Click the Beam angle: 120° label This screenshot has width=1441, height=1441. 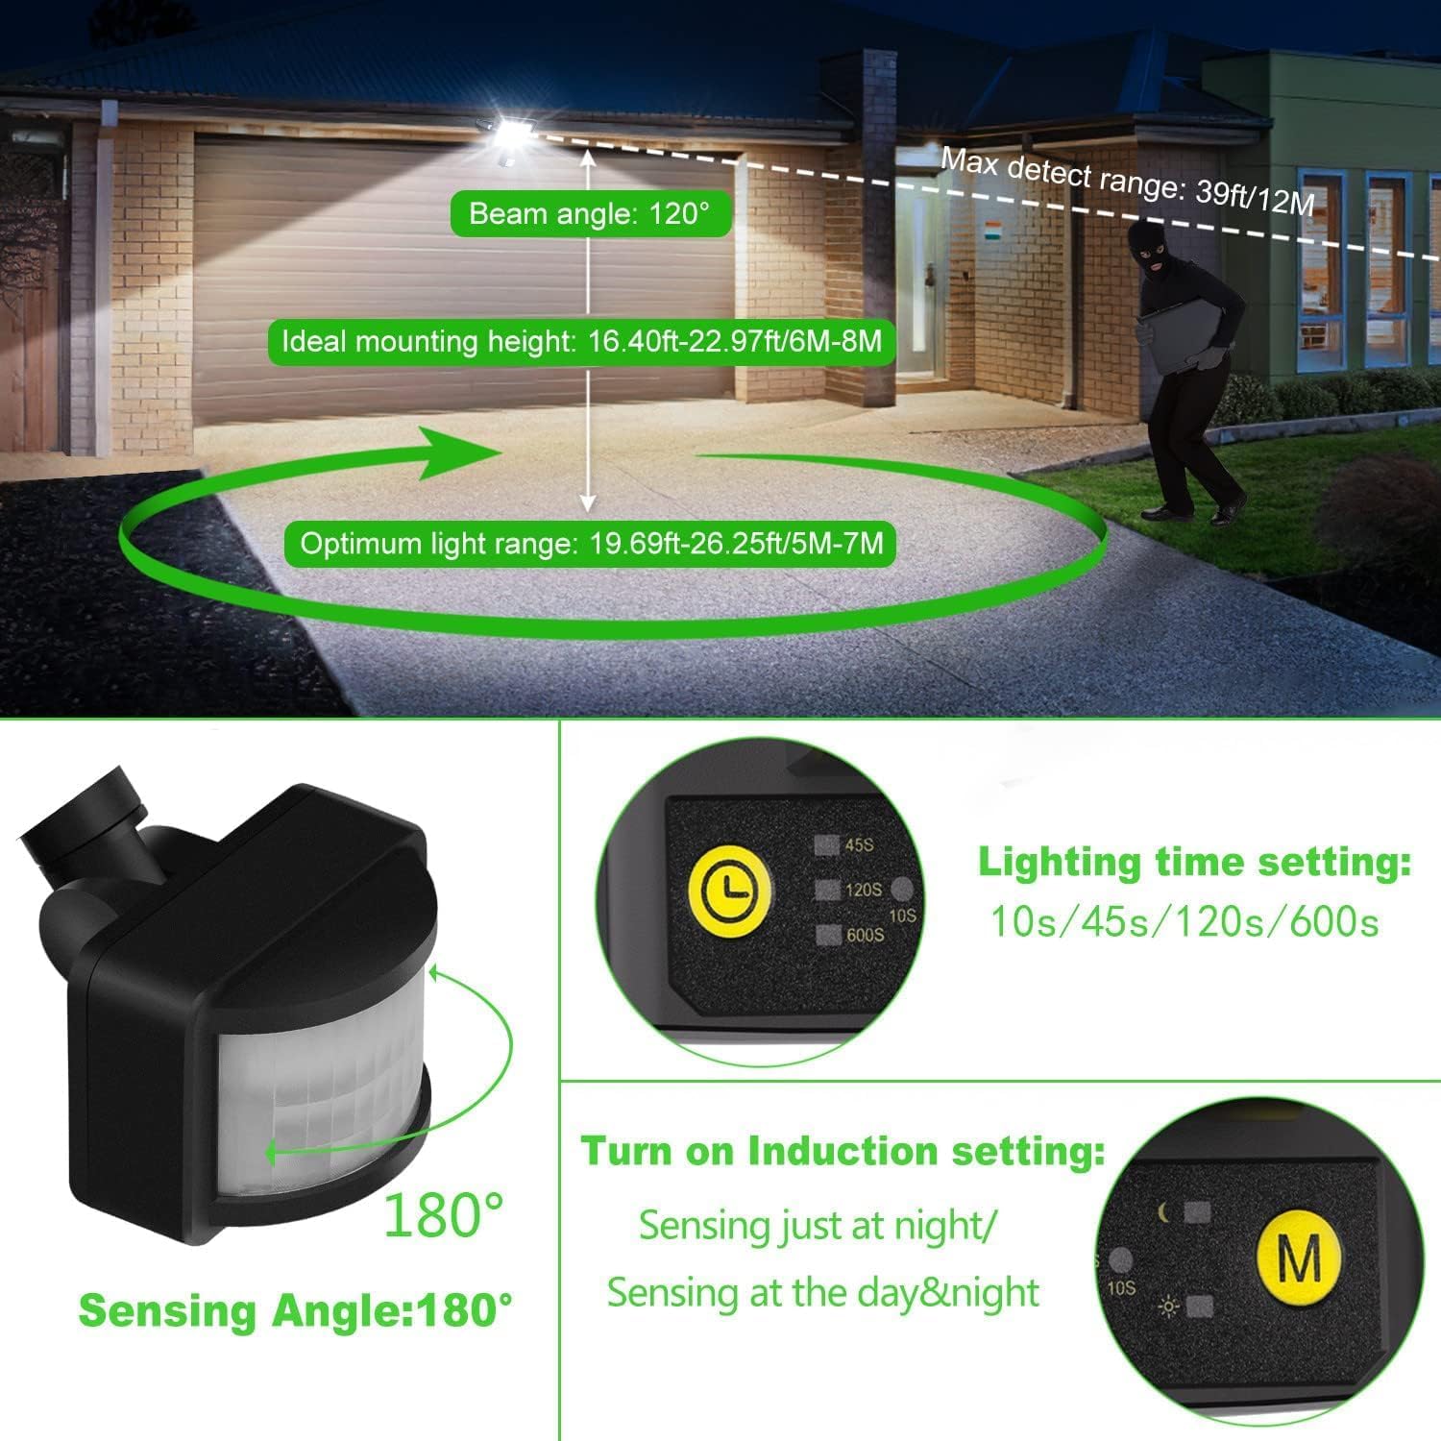click(590, 213)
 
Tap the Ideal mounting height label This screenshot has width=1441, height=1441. click(581, 341)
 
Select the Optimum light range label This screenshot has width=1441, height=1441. click(591, 544)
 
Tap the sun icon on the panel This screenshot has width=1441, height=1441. click(1168, 1307)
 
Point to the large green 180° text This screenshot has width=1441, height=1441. click(443, 1215)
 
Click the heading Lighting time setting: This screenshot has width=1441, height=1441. click(1194, 862)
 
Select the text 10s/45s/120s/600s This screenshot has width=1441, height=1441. click(1185, 922)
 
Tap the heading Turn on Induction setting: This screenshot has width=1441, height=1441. click(843, 1150)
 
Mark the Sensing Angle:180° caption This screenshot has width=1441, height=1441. click(295, 1310)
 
